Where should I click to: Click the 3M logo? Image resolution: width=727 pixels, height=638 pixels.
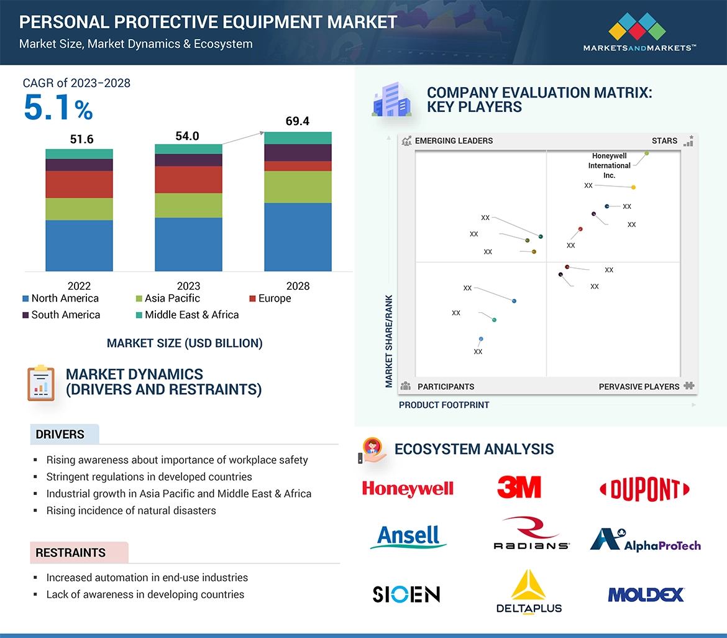(x=519, y=487)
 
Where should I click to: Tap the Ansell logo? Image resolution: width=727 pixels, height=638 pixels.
(x=408, y=537)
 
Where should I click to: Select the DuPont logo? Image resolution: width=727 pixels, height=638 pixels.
(x=644, y=489)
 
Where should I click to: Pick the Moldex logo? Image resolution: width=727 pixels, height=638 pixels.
(x=646, y=594)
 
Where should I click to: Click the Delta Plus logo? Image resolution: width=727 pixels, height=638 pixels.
(x=529, y=592)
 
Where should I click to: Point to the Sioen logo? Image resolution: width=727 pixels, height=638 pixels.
(x=406, y=594)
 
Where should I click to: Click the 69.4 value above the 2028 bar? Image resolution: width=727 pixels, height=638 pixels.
(x=298, y=121)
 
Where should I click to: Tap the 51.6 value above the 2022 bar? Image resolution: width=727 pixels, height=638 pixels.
(x=81, y=139)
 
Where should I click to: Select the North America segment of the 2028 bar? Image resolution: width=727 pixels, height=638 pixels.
(x=298, y=237)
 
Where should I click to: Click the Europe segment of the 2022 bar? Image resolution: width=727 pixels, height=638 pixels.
(x=79, y=184)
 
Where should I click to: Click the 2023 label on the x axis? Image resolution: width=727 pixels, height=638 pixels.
(x=188, y=286)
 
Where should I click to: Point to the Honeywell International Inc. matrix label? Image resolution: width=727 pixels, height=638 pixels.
(x=609, y=165)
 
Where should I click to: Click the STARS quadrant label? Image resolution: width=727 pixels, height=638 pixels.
(x=664, y=141)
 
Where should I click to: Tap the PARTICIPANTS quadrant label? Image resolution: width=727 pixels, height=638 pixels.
(x=446, y=387)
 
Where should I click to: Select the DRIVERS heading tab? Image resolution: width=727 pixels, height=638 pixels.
(x=60, y=435)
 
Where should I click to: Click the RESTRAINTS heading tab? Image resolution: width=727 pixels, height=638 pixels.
(x=70, y=553)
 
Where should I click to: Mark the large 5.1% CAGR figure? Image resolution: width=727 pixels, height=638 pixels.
(x=58, y=108)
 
